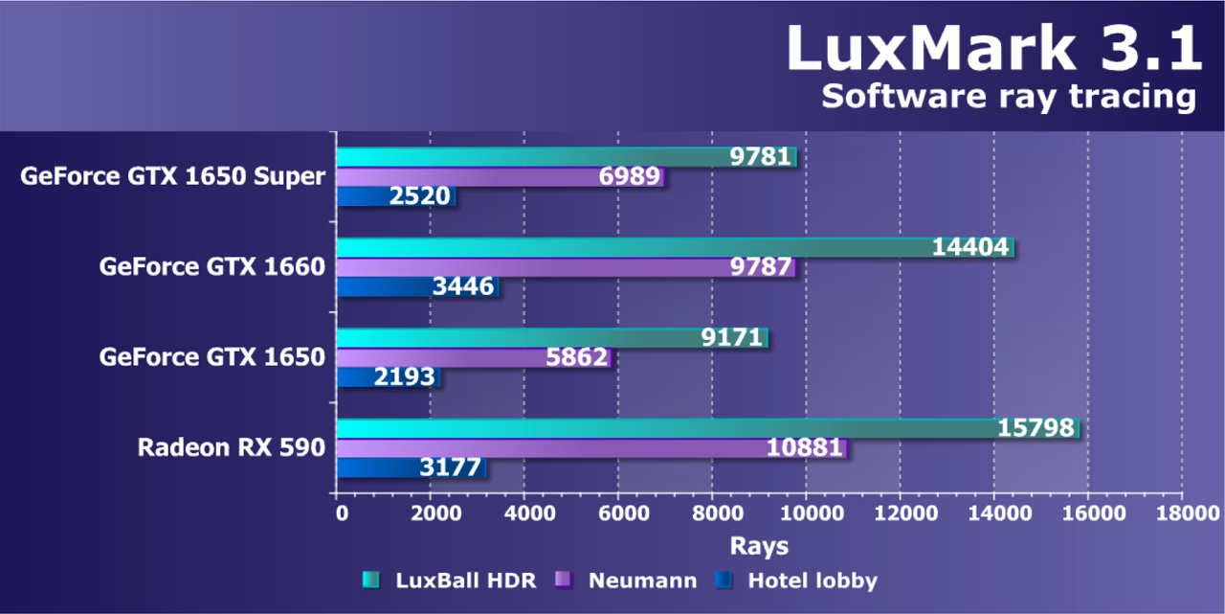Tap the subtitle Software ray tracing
(x=1009, y=97)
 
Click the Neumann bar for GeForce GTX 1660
(x=565, y=267)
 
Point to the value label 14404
(x=970, y=248)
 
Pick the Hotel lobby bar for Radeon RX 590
(x=412, y=468)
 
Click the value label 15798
(x=1036, y=428)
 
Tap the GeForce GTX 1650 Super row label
(x=173, y=176)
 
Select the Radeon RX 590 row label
(x=232, y=447)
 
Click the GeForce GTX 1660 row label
(x=212, y=266)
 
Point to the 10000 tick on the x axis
(x=807, y=513)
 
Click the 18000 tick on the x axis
(x=1181, y=513)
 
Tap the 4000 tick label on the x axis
(x=524, y=513)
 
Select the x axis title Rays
(x=759, y=546)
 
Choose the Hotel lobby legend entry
(x=812, y=580)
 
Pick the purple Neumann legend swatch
(x=565, y=580)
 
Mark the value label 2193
(x=403, y=376)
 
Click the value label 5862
(x=576, y=357)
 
